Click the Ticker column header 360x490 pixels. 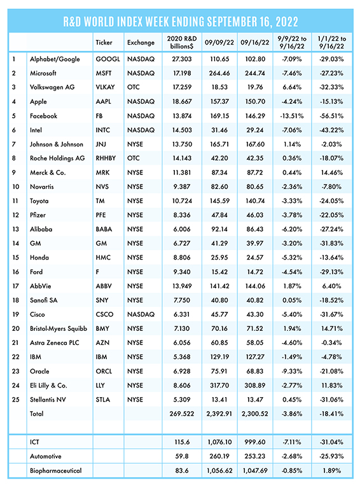click(x=104, y=43)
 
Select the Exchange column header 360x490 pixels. click(x=141, y=43)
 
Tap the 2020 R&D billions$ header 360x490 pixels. click(x=182, y=42)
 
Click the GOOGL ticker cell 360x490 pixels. click(x=107, y=59)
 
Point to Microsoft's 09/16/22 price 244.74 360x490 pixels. click(x=255, y=73)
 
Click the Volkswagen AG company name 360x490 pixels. click(x=52, y=87)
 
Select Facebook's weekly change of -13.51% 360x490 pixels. click(x=292, y=116)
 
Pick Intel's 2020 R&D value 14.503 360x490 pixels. click(x=183, y=130)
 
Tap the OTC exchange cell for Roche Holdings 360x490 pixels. click(x=134, y=158)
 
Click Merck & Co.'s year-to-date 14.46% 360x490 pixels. click(x=332, y=172)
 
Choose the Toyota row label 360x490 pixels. click(x=39, y=201)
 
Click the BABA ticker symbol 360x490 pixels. click(x=104, y=229)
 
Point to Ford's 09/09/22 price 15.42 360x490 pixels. click(x=219, y=272)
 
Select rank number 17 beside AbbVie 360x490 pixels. click(x=16, y=286)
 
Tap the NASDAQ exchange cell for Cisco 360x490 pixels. click(x=141, y=314)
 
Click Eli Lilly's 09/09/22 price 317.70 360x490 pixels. click(x=219, y=385)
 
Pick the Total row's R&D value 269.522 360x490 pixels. click(x=182, y=414)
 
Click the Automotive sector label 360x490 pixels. click(x=46, y=456)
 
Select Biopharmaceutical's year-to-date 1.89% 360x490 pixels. click(x=332, y=470)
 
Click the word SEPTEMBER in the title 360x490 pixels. click(x=232, y=22)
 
